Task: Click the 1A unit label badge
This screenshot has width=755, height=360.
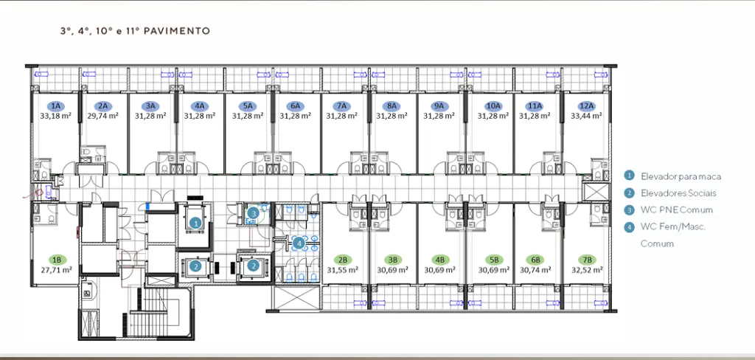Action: pyautogui.click(x=56, y=106)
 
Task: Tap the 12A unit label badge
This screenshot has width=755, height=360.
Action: pyautogui.click(x=588, y=106)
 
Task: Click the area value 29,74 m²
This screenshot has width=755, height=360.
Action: pyautogui.click(x=103, y=116)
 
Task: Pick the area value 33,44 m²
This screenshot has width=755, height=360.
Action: pyautogui.click(x=586, y=116)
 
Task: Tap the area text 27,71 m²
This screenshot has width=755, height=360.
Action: pyautogui.click(x=56, y=270)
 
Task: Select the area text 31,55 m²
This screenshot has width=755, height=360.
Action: pyautogui.click(x=342, y=270)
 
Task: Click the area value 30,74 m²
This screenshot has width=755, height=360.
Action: pyautogui.click(x=536, y=270)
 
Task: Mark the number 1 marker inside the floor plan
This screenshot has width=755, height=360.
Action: pyautogui.click(x=195, y=223)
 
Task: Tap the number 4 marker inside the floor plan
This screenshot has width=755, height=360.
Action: pyautogui.click(x=299, y=243)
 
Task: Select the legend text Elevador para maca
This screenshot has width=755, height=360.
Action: pyautogui.click(x=681, y=176)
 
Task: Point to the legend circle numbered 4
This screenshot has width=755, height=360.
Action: pyautogui.click(x=628, y=227)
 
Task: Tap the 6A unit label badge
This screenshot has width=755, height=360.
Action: pyautogui.click(x=295, y=106)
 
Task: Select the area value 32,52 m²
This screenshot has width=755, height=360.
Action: pyautogui.click(x=587, y=270)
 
